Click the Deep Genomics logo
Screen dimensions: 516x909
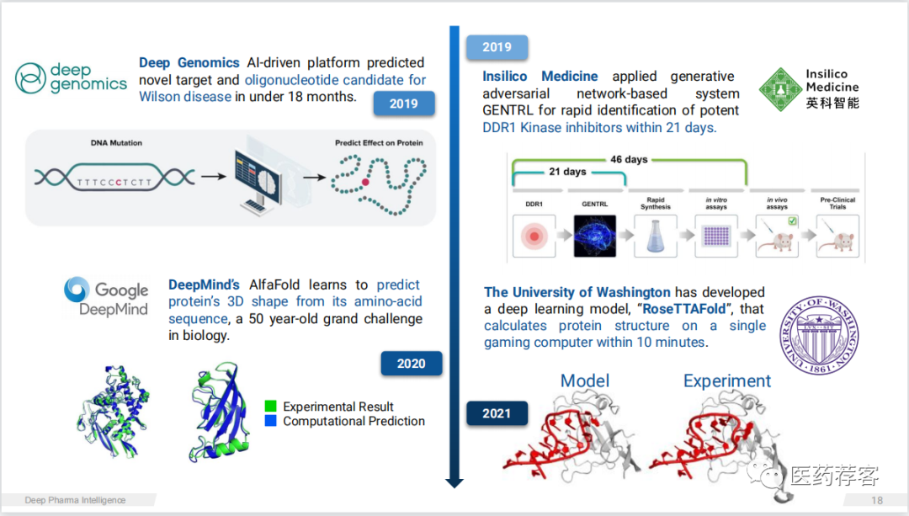coord(71,77)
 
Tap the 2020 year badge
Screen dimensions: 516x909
coord(411,364)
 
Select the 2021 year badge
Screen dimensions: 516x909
coord(497,413)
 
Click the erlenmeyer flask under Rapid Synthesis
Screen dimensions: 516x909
coord(656,236)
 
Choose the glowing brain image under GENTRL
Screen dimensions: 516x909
coord(595,236)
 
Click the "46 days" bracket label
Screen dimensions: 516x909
coord(630,159)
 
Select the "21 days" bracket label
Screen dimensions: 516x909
coord(568,172)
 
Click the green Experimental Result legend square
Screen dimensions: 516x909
coord(270,406)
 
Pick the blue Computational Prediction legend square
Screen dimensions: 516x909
coord(270,421)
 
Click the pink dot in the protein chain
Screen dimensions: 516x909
coord(366,181)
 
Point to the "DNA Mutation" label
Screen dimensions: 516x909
coord(116,143)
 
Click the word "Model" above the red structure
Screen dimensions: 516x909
coord(585,381)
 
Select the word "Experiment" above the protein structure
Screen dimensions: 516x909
coord(727,381)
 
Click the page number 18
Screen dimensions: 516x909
coord(877,500)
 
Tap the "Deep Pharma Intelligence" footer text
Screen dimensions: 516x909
coord(75,500)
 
